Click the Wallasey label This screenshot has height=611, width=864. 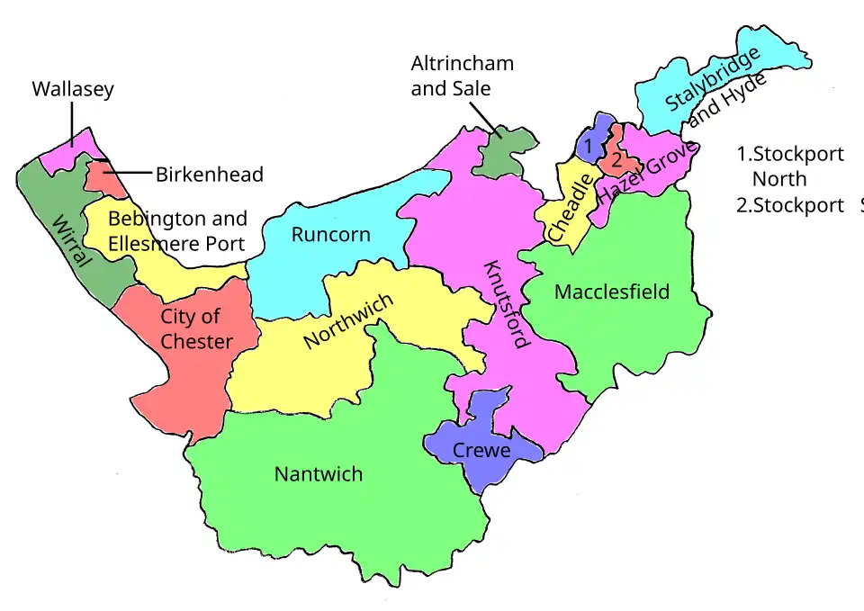tap(73, 90)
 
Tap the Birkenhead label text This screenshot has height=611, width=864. tap(210, 175)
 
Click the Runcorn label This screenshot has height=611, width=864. tap(330, 235)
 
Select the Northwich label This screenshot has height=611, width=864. tap(348, 322)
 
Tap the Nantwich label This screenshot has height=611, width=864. tap(319, 474)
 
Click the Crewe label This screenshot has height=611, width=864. tap(481, 451)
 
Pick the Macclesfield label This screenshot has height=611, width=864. tap(612, 292)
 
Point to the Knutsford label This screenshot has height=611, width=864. tap(507, 304)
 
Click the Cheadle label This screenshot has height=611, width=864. tap(571, 208)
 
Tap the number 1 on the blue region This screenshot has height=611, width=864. tap(587, 144)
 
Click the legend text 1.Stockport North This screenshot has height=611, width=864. tap(789, 166)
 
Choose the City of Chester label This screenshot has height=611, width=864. tap(197, 328)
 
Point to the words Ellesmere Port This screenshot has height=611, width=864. tap(176, 244)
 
